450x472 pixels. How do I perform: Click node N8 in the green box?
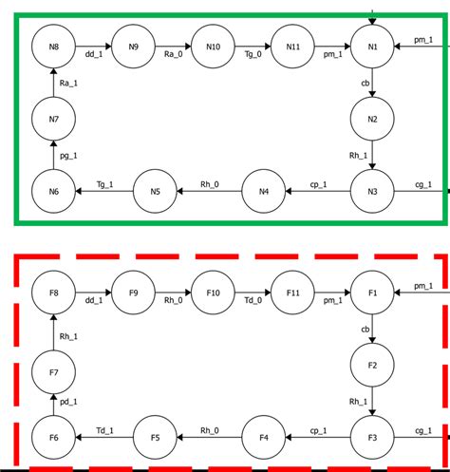(x=53, y=47)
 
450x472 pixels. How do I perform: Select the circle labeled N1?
(x=372, y=47)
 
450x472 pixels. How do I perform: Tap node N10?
(x=213, y=47)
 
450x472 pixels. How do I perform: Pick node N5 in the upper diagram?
(x=155, y=192)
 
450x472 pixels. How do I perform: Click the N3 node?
(x=372, y=192)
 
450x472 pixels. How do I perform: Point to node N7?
(x=53, y=120)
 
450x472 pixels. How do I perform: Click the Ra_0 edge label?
(x=174, y=56)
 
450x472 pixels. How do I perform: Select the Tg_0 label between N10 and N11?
(x=253, y=56)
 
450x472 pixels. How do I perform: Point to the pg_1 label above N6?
(x=69, y=155)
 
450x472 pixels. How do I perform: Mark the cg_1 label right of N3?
(x=422, y=184)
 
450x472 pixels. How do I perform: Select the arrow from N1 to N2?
(x=372, y=83)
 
